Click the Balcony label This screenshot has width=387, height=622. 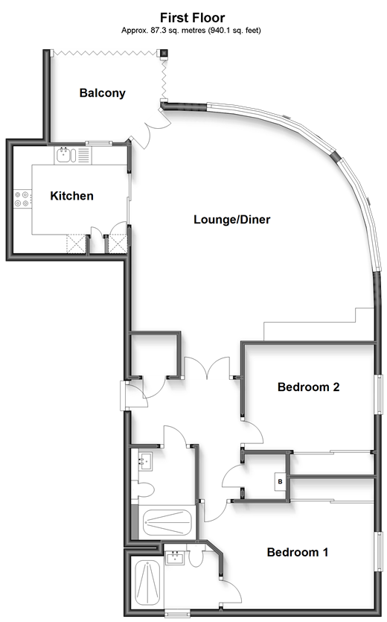coord(103,94)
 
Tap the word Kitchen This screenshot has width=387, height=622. coord(71,196)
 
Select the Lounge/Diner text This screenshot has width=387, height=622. coord(231,220)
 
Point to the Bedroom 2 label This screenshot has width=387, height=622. coord(308,387)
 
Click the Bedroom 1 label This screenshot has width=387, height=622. coord(298,553)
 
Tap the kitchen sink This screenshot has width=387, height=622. coord(65,156)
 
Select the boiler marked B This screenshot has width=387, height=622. coord(279,482)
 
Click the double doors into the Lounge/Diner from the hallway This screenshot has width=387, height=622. coord(212,369)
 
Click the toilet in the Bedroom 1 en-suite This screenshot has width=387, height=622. coord(197,559)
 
